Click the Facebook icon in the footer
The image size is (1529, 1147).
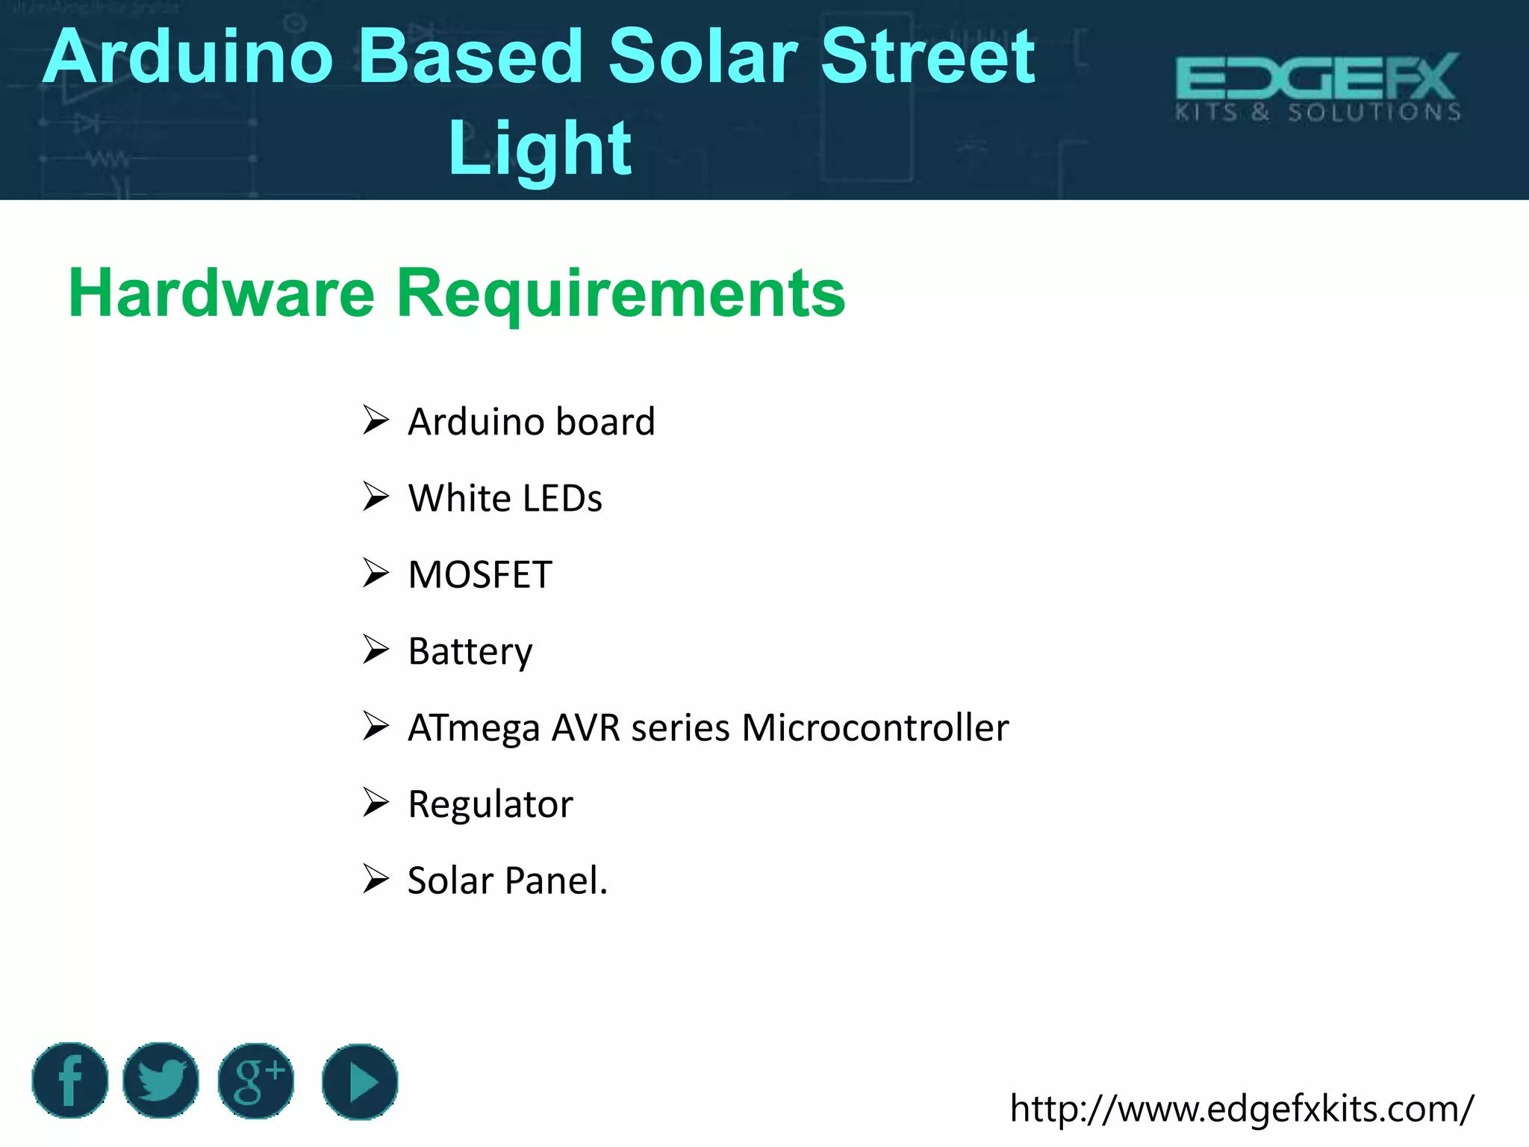click(x=70, y=1081)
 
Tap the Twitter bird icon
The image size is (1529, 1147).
click(x=161, y=1081)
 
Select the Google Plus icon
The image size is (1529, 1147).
click(x=256, y=1081)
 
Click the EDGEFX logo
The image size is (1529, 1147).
click(x=1318, y=87)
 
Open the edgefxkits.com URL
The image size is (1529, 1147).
click(x=1242, y=1109)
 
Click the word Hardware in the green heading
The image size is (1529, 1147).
click(x=221, y=293)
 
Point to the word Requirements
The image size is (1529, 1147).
click(x=620, y=293)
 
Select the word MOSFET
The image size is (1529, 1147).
click(x=480, y=575)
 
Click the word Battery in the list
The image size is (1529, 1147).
click(x=470, y=651)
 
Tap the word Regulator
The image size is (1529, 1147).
click(x=491, y=804)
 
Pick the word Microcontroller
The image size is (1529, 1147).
click(x=875, y=728)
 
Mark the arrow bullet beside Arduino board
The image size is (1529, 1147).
click(x=376, y=420)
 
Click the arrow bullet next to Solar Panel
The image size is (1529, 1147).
click(x=376, y=879)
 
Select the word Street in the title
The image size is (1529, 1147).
click(x=927, y=57)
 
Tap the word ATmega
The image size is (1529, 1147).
click(x=473, y=728)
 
